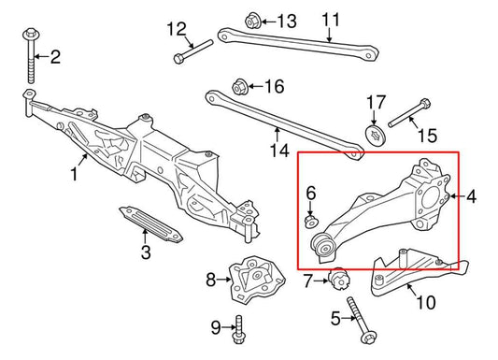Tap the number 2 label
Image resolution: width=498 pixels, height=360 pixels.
(54, 57)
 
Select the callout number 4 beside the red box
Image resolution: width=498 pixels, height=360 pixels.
(471, 196)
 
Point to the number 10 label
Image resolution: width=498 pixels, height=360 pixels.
(424, 302)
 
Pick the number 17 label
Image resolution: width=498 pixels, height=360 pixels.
(375, 101)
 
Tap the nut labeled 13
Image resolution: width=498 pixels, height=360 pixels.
(252, 19)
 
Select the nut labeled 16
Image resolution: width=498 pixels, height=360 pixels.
(241, 85)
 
